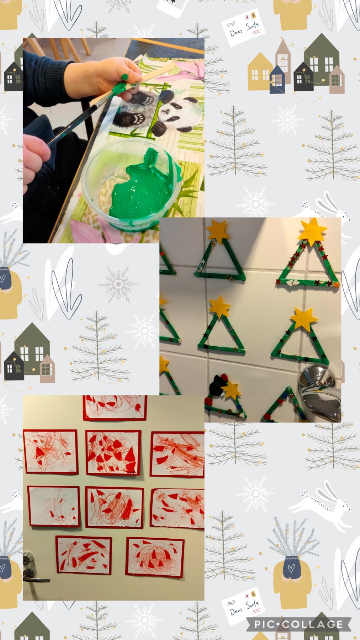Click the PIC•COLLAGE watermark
tap(299, 624)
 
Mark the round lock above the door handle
tap(26, 559)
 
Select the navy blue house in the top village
tap(277, 79)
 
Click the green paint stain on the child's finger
tap(125, 76)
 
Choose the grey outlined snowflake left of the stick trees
tap(118, 284)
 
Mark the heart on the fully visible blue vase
tap(291, 567)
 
